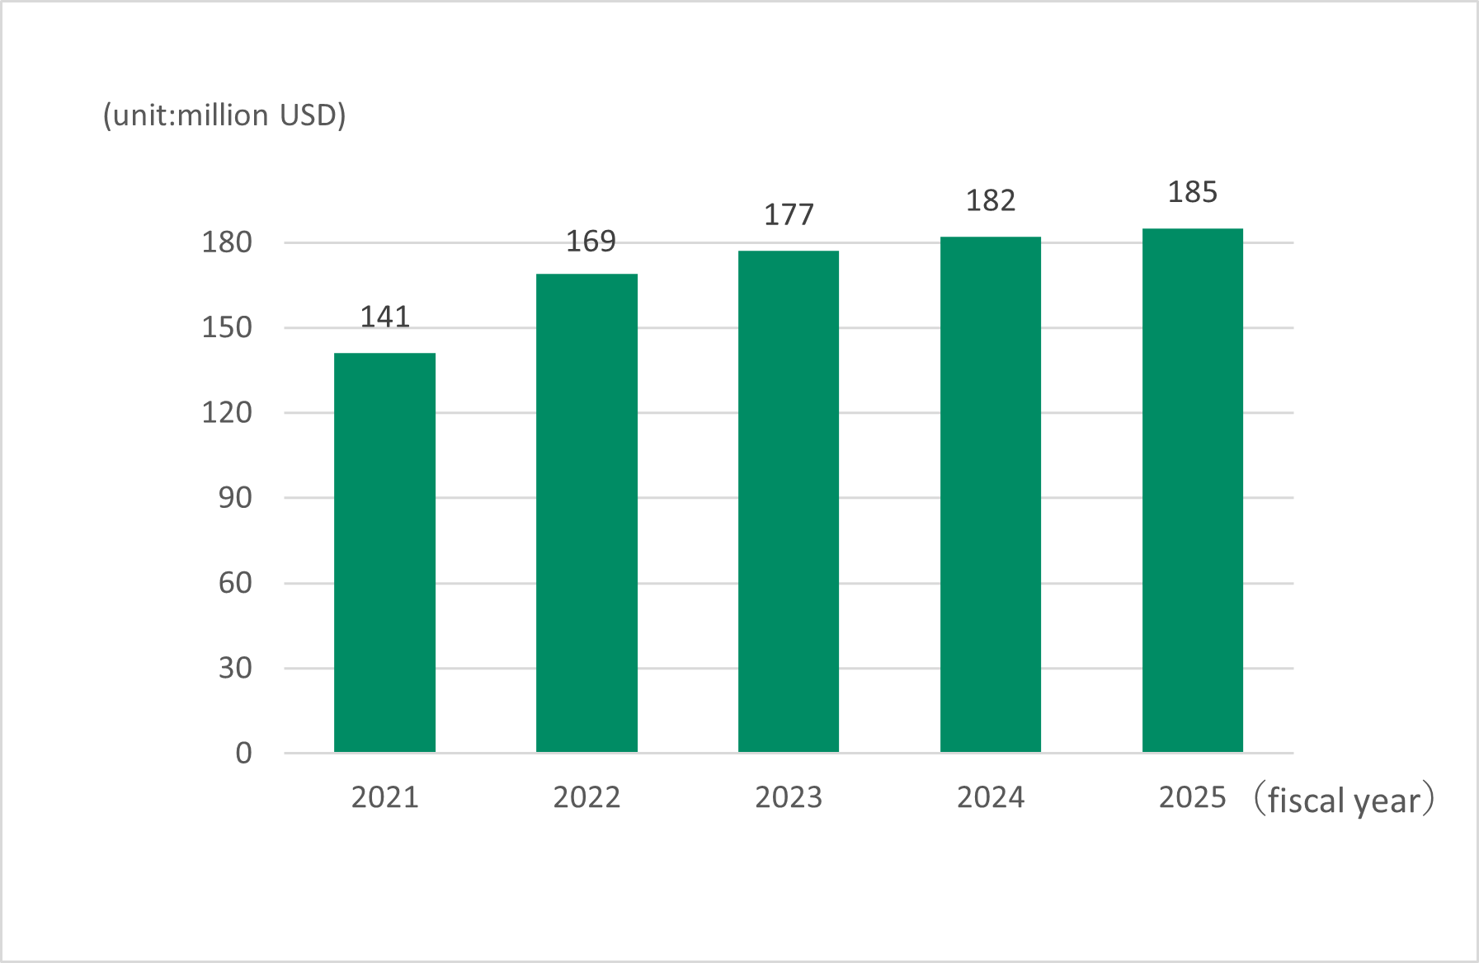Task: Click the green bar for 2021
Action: tap(384, 552)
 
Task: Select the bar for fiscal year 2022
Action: tap(586, 513)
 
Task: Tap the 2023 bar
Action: tap(789, 501)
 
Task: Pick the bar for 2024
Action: tap(991, 495)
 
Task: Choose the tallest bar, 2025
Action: tap(1193, 491)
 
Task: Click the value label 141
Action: tap(384, 317)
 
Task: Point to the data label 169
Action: tap(591, 242)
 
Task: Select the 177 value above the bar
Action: tap(789, 215)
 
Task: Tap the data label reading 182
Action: tap(991, 200)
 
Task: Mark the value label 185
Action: tap(1193, 192)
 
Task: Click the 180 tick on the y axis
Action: tap(227, 242)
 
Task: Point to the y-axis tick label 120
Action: tap(227, 412)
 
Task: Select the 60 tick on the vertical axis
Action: tap(235, 583)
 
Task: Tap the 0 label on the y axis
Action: tap(243, 753)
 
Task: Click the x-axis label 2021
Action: tap(384, 797)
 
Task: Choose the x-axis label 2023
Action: tap(789, 797)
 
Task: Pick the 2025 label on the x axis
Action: tap(1193, 797)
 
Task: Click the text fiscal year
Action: tap(1344, 801)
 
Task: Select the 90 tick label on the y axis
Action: tap(235, 498)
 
